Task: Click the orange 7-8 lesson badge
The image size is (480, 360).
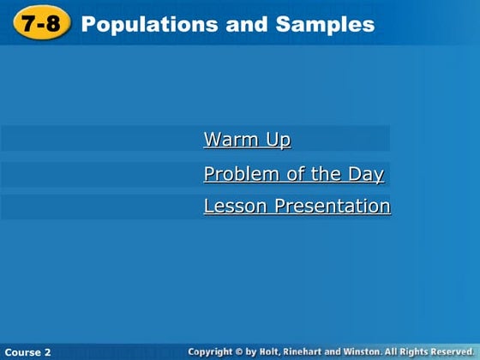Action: pos(41,24)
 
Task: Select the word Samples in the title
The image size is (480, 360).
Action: pos(326,25)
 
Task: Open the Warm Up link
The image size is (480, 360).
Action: pos(247,140)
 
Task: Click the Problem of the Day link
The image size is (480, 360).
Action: pos(293,175)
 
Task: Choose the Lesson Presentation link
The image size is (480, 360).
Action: pos(297,207)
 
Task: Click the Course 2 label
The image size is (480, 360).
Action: pos(27,352)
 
